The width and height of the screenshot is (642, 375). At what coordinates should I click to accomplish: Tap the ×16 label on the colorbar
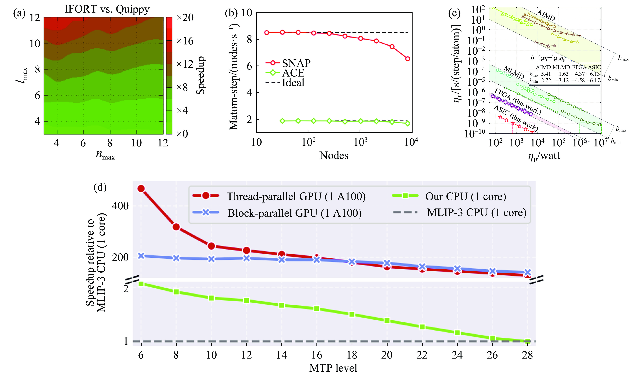[x=185, y=41]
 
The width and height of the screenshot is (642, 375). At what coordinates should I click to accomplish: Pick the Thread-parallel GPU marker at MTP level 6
[x=141, y=189]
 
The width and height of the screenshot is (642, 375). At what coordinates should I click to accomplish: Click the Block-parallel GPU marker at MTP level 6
[x=141, y=256]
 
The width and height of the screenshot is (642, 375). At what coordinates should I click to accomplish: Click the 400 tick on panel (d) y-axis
[x=120, y=206]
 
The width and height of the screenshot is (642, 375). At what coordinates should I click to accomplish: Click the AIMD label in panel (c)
[x=546, y=15]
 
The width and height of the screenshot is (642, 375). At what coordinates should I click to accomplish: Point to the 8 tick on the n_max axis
[x=110, y=143]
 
